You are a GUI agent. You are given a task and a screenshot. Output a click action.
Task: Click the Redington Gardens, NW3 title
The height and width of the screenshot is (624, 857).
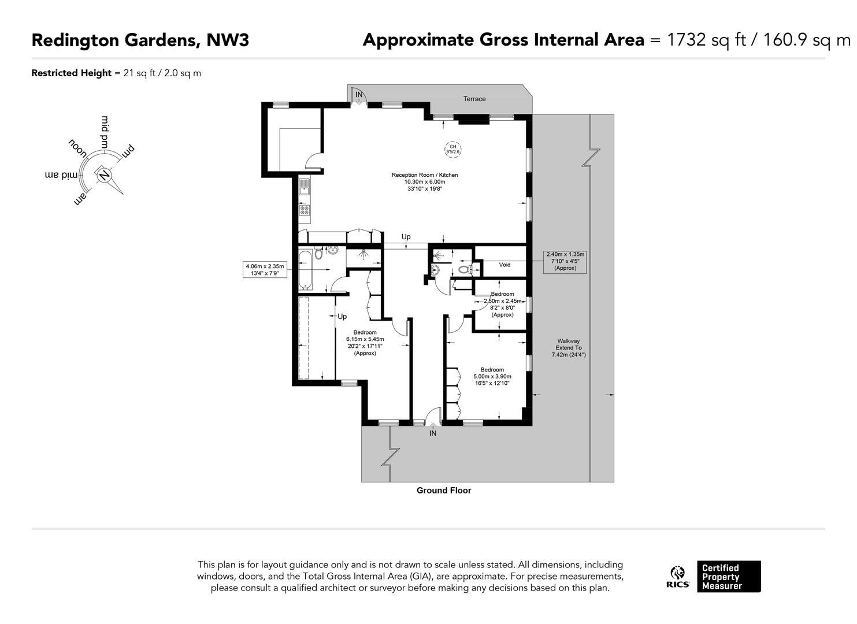pyautogui.click(x=140, y=40)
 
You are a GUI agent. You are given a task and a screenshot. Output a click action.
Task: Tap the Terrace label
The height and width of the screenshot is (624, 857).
pyautogui.click(x=474, y=99)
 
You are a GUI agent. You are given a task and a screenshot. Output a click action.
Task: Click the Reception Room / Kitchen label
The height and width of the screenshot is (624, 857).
pyautogui.click(x=425, y=181)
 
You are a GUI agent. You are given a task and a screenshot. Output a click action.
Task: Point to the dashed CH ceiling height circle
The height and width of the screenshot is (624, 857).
pyautogui.click(x=452, y=149)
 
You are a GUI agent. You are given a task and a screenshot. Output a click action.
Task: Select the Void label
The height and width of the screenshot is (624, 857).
pyautogui.click(x=504, y=265)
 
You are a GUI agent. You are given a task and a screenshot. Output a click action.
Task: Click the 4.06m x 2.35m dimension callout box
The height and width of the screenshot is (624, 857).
pyautogui.click(x=265, y=270)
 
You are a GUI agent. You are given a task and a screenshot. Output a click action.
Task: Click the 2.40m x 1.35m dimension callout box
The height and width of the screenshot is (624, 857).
pyautogui.click(x=565, y=261)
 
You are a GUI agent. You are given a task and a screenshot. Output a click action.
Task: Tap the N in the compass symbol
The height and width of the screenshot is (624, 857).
pyautogui.click(x=104, y=174)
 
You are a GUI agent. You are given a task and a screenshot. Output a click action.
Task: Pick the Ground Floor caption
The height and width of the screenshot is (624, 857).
pyautogui.click(x=444, y=491)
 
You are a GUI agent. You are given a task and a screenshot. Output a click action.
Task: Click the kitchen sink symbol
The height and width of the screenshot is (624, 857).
pyautogui.click(x=304, y=187)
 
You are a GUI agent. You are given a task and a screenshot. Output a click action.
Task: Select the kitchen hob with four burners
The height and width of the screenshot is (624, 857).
pyautogui.click(x=305, y=210)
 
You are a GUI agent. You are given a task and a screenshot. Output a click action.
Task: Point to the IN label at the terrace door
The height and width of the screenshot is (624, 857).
pyautogui.click(x=359, y=94)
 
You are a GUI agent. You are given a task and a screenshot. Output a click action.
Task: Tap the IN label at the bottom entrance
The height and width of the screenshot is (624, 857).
pyautogui.click(x=433, y=433)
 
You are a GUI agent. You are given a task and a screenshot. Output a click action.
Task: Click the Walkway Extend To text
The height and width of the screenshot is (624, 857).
pyautogui.click(x=568, y=348)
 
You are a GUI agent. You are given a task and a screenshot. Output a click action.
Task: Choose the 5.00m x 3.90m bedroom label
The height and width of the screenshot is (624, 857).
pyautogui.click(x=492, y=377)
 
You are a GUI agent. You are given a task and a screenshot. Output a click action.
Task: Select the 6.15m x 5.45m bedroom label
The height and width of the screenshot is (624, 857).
pyautogui.click(x=365, y=343)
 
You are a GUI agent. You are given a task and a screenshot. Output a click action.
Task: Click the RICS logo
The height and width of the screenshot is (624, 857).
pyautogui.click(x=678, y=577)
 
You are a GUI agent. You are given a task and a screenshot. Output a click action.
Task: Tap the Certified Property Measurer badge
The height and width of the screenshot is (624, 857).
pyautogui.click(x=728, y=577)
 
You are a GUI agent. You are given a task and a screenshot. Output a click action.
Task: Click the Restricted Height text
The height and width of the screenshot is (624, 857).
pyautogui.click(x=116, y=73)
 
